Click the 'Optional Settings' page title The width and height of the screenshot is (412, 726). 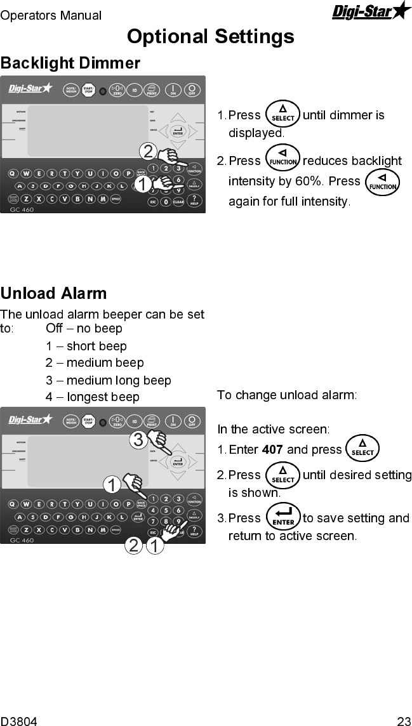pos(210,36)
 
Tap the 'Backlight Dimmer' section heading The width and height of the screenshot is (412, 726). pos(70,63)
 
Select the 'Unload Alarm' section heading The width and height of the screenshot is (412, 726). pos(54,294)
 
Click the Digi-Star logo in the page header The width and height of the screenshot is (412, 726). pos(371,11)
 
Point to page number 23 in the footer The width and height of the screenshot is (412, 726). pos(404,721)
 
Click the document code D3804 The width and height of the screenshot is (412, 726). pos(19,721)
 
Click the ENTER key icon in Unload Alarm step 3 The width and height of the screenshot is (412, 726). pos(283,517)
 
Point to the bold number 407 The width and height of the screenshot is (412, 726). pos(272,450)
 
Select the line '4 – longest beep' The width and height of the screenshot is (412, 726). pos(93,398)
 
